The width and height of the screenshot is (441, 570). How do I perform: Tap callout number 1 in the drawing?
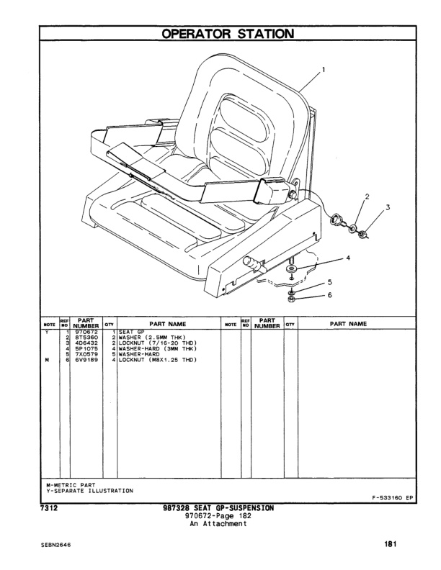click(324, 70)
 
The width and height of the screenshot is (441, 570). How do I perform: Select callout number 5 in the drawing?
click(329, 282)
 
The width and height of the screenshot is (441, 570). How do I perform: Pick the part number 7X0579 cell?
click(84, 353)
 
